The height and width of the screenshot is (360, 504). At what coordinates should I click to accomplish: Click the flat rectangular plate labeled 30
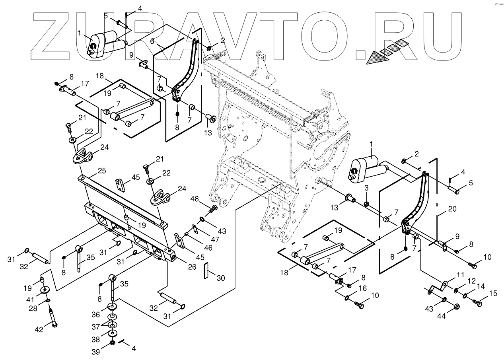click(206, 271)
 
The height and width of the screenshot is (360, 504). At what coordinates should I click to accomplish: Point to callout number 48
click(195, 198)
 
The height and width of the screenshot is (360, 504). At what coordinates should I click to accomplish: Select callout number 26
click(192, 266)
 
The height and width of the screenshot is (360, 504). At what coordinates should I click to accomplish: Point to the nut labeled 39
click(112, 342)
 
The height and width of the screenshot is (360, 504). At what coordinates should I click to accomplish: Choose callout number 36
click(95, 314)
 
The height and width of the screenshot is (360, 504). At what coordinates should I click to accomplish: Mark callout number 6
click(152, 41)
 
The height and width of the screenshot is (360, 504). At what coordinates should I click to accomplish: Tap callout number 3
click(367, 187)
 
